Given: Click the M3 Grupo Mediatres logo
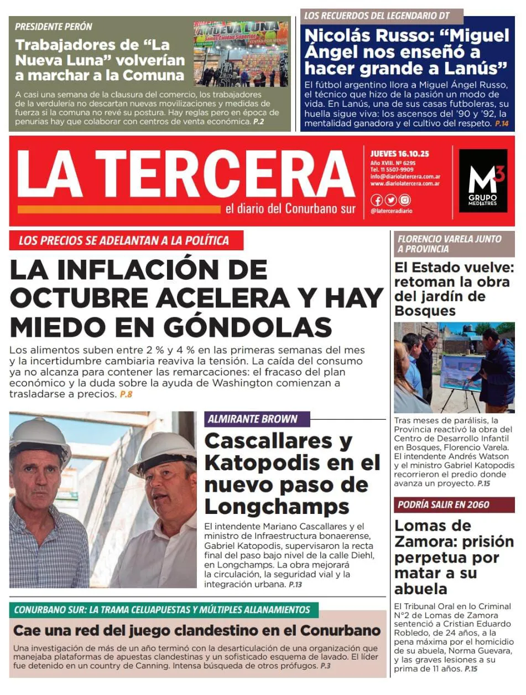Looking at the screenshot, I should click(482, 181).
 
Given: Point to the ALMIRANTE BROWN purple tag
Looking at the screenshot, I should click(253, 419).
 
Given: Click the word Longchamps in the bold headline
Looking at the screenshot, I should click(277, 506).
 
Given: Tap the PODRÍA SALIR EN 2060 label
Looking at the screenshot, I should click(443, 505).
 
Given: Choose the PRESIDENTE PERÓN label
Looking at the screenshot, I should click(54, 27).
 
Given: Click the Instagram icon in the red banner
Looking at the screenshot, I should click(405, 200).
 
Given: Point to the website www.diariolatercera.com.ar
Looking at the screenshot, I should click(405, 184).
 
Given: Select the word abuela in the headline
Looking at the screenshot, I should click(420, 588).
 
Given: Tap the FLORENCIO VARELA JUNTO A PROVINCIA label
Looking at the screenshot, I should click(449, 244).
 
